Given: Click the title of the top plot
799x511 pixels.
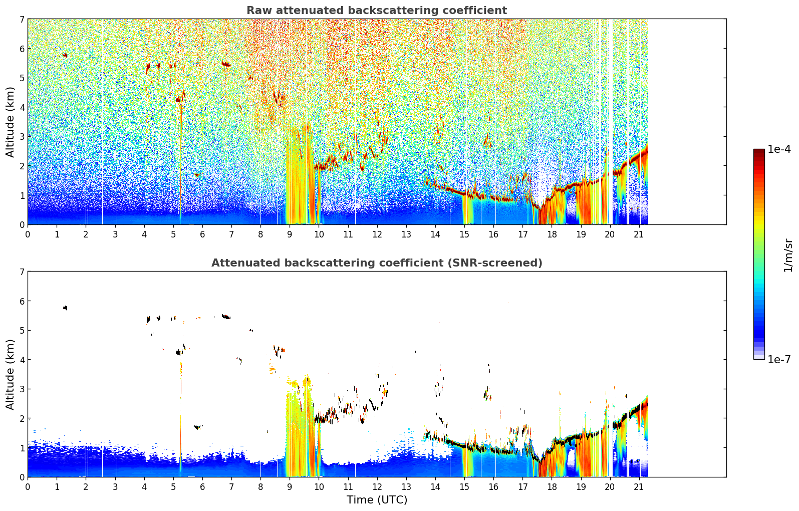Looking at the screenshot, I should [377, 11].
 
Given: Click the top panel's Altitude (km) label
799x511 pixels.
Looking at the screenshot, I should [11, 122].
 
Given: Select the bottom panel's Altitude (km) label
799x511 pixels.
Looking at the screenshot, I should [11, 374].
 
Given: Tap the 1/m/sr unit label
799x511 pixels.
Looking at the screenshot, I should [788, 255].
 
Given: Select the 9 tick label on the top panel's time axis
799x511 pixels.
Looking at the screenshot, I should [290, 234].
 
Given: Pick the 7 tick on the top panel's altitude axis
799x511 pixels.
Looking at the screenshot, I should [22, 20].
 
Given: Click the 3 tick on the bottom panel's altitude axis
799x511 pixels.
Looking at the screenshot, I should [22, 389].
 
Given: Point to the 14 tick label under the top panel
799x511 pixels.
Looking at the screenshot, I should [435, 234].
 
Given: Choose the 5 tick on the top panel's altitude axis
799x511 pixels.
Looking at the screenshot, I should [22, 78].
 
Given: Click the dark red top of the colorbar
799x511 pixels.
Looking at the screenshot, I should [759, 152].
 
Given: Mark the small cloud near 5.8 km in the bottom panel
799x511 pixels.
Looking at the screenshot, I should [65, 308].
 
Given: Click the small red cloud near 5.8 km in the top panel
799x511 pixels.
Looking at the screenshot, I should [65, 55].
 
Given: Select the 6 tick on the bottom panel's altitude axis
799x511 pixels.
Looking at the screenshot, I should [22, 301].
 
